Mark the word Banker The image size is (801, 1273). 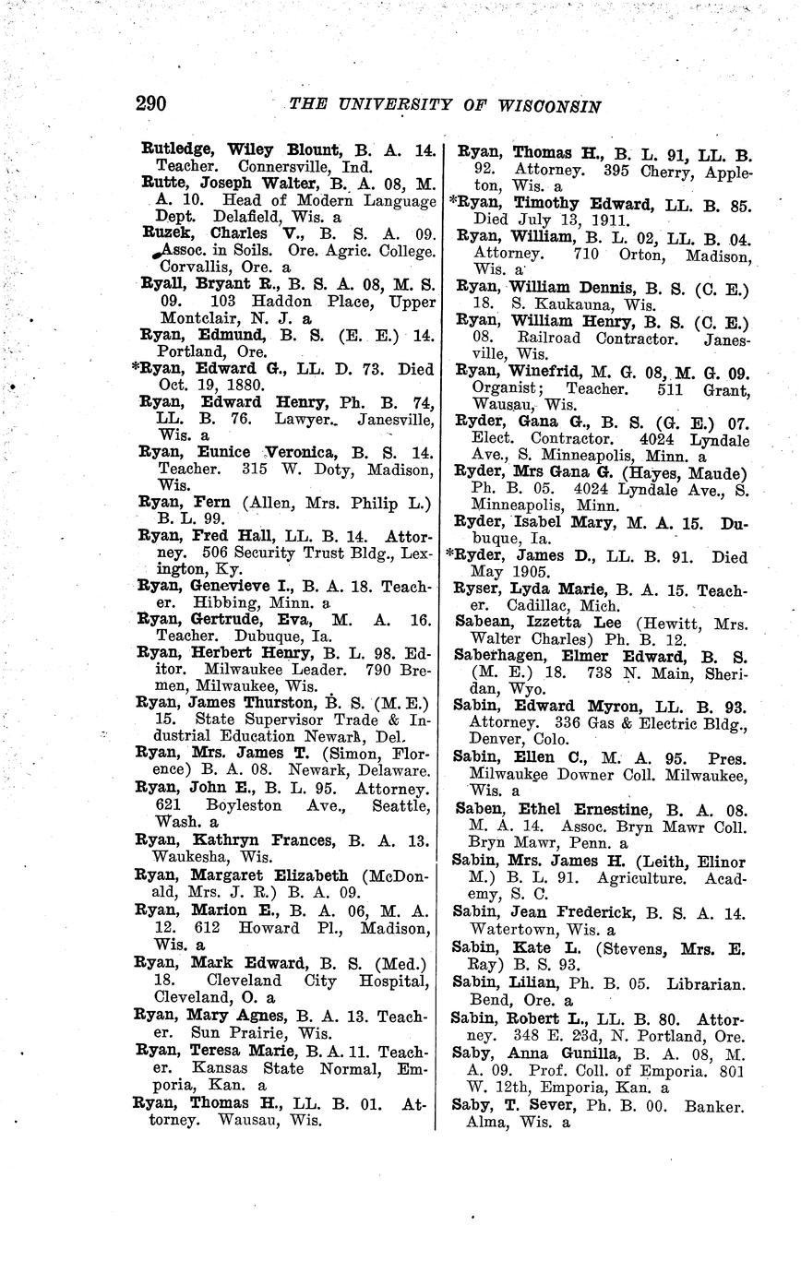click(716, 1106)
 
